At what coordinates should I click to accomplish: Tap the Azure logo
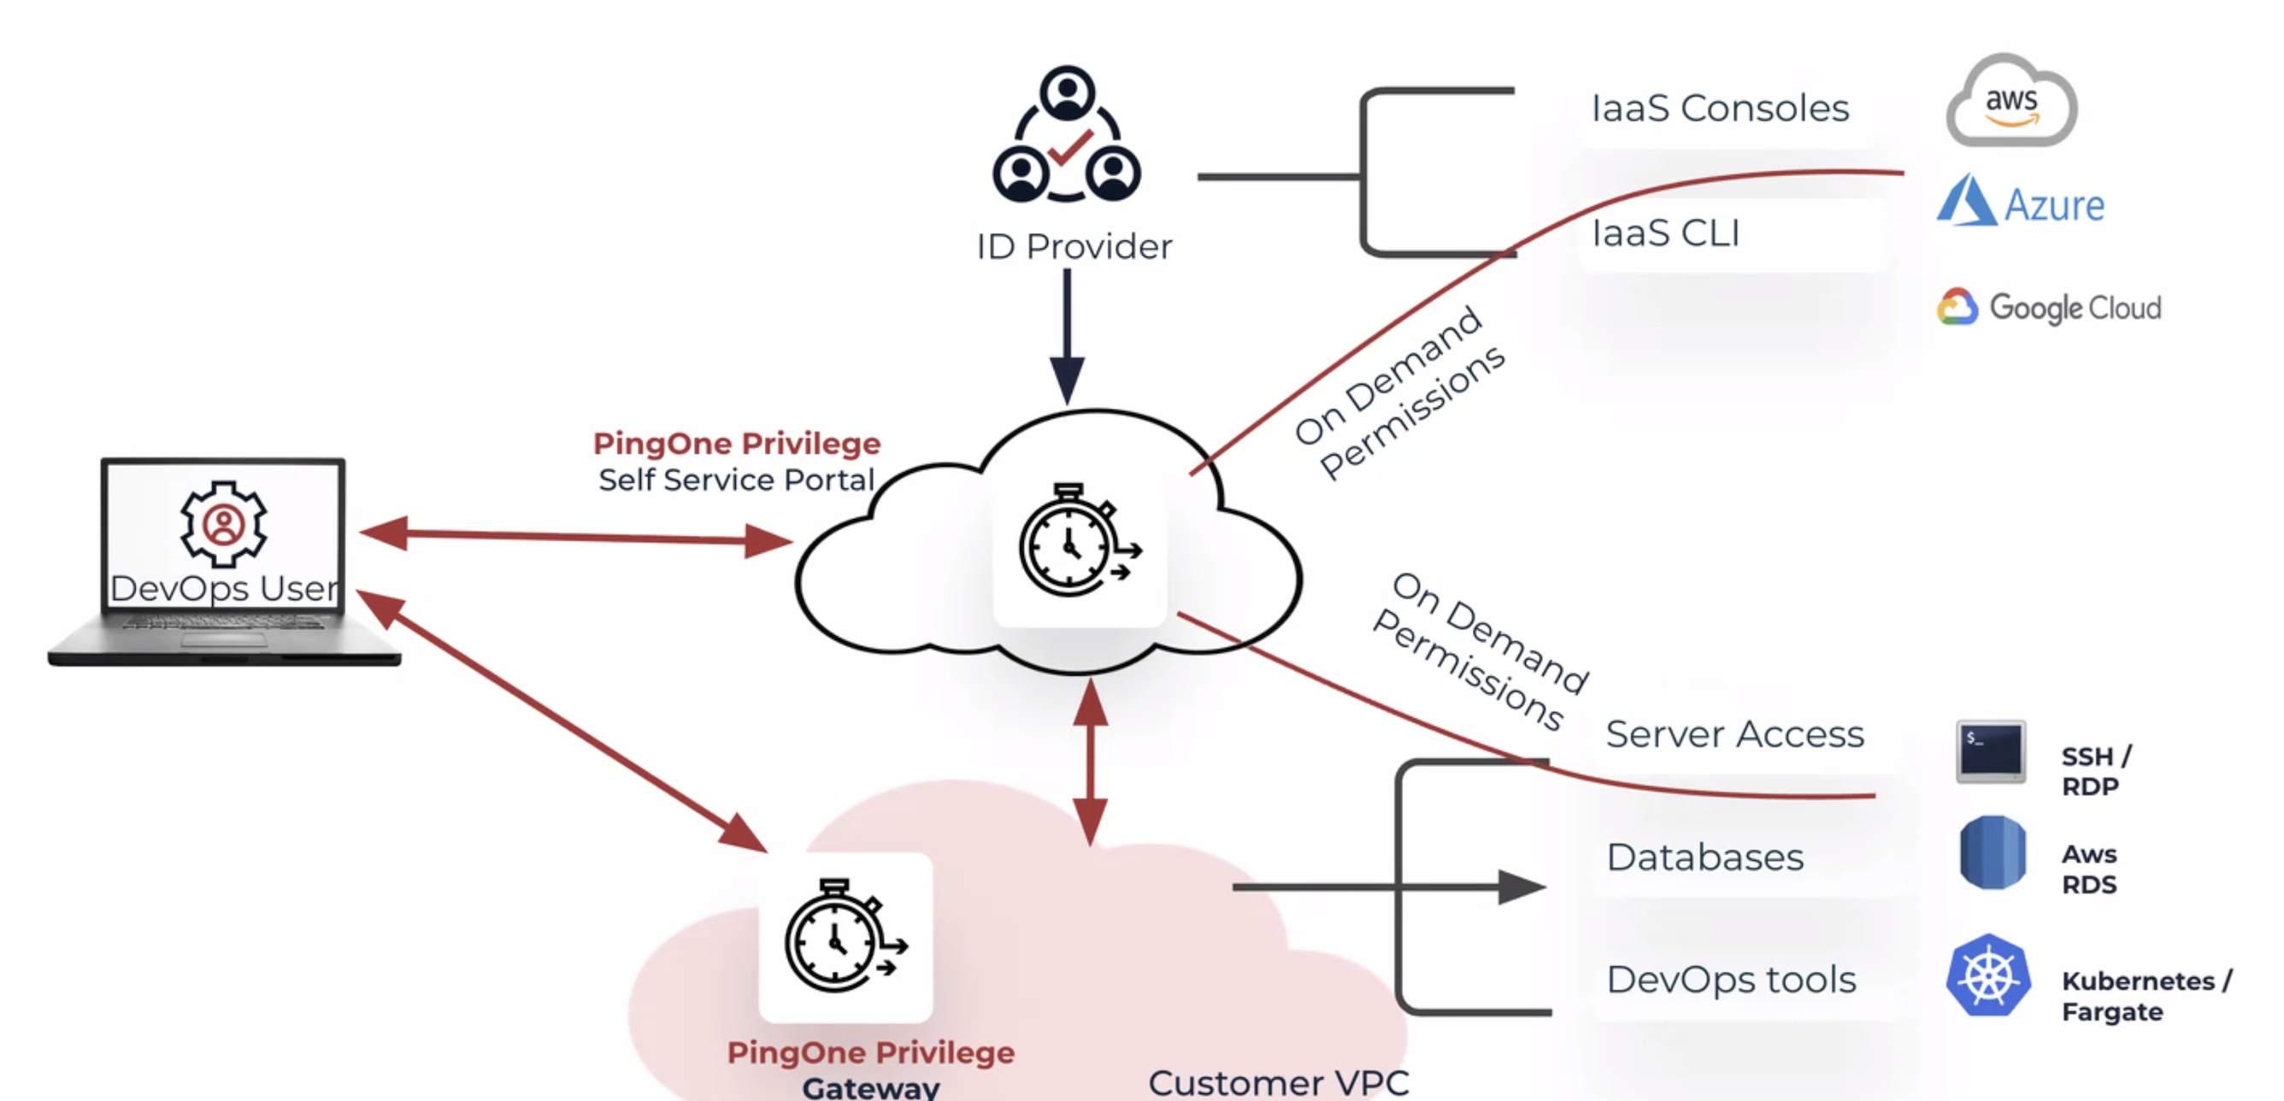[x=2020, y=202]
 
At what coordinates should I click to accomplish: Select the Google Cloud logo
[x=2048, y=308]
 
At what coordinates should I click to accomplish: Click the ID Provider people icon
[x=1067, y=135]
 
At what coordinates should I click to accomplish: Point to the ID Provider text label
[x=1074, y=246]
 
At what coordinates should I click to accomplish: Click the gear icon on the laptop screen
[x=223, y=523]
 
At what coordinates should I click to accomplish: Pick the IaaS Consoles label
[x=1719, y=109]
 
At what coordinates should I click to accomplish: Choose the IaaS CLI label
[x=1665, y=233]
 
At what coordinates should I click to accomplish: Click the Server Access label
[x=1734, y=734]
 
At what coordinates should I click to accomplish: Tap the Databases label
[x=1704, y=857]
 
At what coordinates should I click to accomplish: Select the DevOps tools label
[x=1731, y=980]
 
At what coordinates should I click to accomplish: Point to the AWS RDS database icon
[x=1992, y=853]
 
